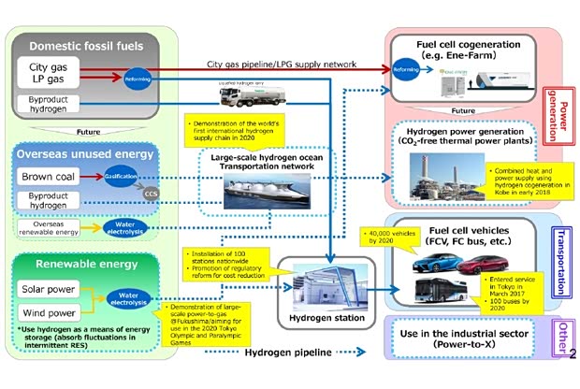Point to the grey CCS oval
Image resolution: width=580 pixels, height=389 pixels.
click(x=151, y=194)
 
